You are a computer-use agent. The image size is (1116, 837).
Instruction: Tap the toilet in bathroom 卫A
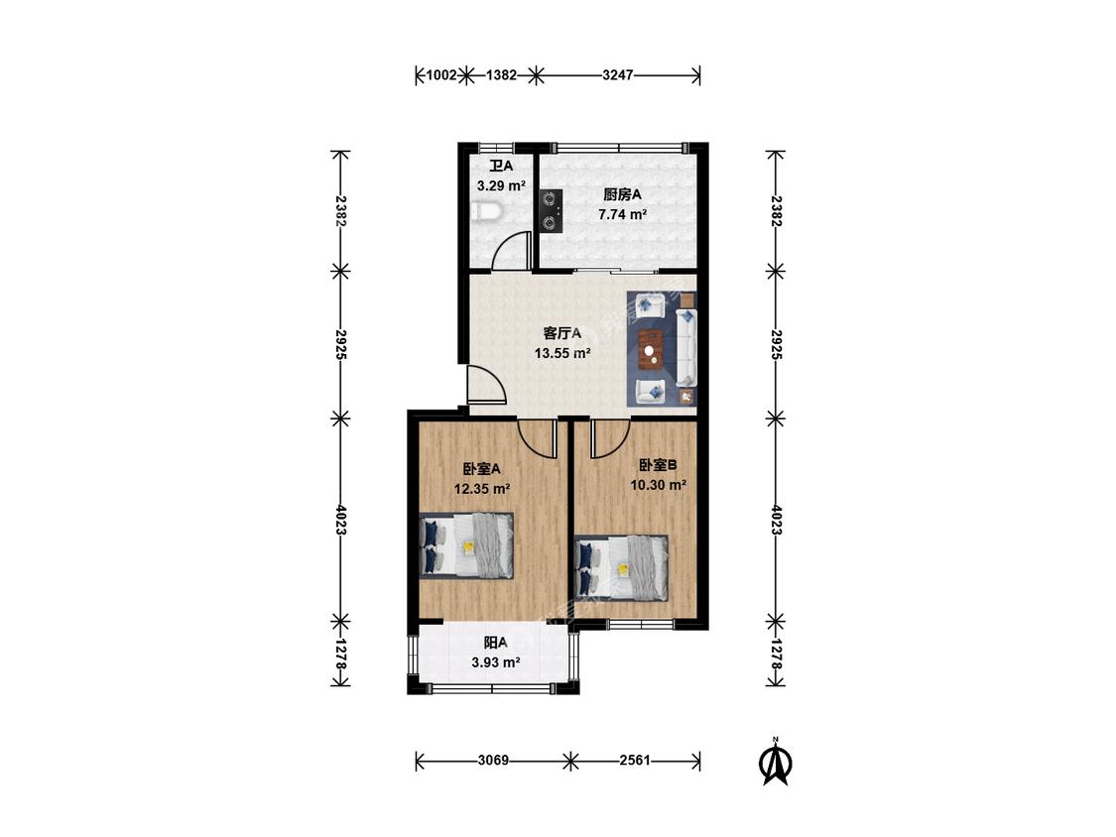pos(485,211)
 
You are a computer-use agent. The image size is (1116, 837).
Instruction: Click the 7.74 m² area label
pos(622,213)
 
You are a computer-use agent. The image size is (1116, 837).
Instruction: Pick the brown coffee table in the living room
pos(652,347)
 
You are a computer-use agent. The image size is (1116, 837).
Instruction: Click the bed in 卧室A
pos(467,544)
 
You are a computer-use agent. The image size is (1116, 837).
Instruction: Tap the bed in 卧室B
pos(622,567)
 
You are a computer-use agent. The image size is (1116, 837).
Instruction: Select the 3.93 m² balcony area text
pos(496,662)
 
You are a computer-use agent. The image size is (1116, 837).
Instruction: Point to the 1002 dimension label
pos(439,74)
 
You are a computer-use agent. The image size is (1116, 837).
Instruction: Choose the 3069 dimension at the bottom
pos(492,761)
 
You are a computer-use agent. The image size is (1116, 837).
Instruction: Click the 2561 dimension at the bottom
pos(635,761)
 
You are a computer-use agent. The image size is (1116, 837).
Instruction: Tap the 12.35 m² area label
pos(482,488)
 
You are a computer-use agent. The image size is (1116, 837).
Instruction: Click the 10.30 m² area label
pos(658,485)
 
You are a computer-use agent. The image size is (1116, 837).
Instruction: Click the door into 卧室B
pos(608,437)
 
